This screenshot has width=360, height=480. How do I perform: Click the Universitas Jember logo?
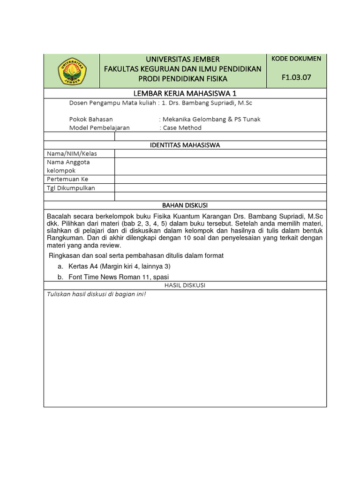click(72, 71)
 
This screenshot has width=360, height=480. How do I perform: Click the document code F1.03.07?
click(296, 77)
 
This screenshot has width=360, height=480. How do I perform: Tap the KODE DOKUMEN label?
click(296, 59)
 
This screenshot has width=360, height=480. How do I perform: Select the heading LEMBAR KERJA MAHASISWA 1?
click(185, 93)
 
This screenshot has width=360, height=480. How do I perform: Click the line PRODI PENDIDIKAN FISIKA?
click(182, 78)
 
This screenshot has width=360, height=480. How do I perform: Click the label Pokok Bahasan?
click(91, 119)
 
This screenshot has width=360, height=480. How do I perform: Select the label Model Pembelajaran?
click(99, 127)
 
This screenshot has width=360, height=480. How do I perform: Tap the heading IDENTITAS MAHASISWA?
click(185, 145)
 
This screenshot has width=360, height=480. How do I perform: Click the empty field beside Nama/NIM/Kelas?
click(220, 154)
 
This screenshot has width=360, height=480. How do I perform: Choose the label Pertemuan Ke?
click(67, 179)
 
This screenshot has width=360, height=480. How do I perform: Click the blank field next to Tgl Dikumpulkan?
click(220, 188)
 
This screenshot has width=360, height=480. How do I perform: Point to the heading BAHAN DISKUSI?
click(185, 205)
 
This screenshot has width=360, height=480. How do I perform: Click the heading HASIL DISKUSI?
click(185, 285)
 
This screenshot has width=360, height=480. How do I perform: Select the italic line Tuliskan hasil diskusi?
click(96, 294)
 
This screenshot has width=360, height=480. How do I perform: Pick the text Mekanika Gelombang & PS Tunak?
click(211, 119)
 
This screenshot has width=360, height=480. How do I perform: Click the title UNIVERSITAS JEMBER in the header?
click(182, 59)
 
